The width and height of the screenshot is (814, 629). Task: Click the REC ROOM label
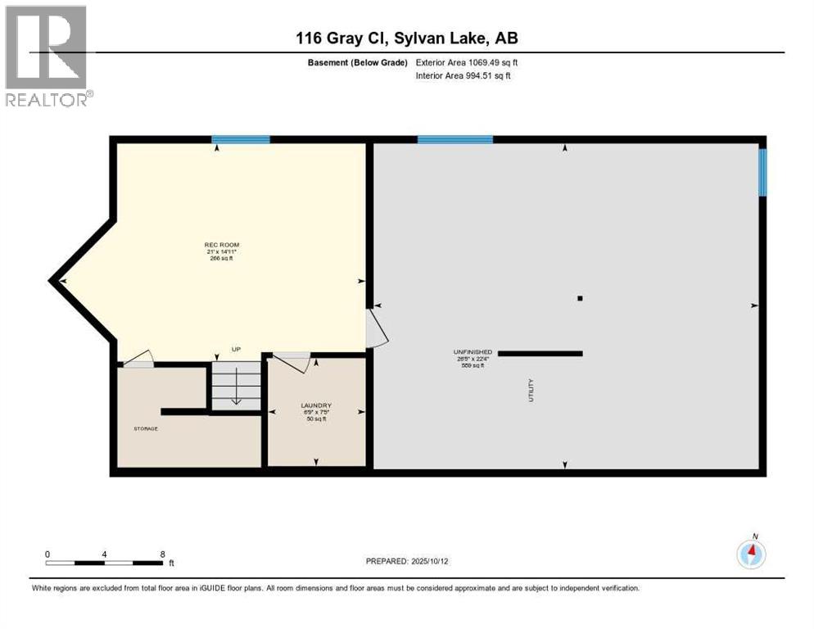click(x=221, y=245)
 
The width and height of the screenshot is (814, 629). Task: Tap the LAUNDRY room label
click(x=314, y=405)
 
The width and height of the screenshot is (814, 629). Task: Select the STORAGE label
click(x=146, y=428)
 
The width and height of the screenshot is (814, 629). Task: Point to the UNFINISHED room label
click(x=475, y=352)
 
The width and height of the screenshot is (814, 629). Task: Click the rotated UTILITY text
click(x=531, y=389)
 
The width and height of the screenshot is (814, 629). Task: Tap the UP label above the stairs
click(x=236, y=350)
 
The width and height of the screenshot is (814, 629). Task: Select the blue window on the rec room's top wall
click(x=241, y=139)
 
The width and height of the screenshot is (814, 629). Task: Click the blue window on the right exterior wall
click(x=762, y=172)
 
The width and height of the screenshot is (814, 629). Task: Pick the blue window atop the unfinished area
click(x=454, y=139)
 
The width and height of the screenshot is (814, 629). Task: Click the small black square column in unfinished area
click(x=580, y=298)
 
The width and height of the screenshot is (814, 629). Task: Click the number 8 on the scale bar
click(x=162, y=554)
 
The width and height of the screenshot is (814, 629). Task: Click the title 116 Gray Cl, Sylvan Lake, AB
click(x=407, y=38)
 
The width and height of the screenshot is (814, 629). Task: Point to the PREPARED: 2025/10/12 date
click(x=406, y=561)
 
